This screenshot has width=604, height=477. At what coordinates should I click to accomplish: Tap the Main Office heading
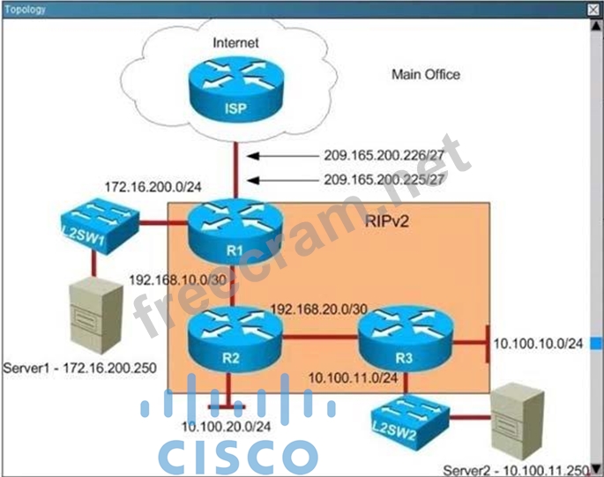[425, 75]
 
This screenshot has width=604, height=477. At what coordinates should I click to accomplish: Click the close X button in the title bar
[593, 9]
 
